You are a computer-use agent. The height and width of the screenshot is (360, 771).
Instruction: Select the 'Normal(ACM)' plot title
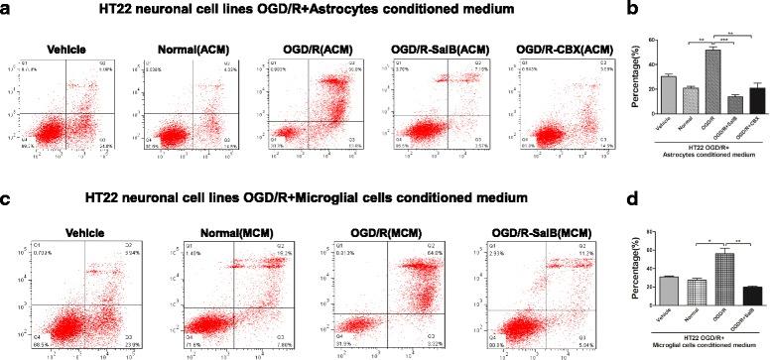tap(185, 48)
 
